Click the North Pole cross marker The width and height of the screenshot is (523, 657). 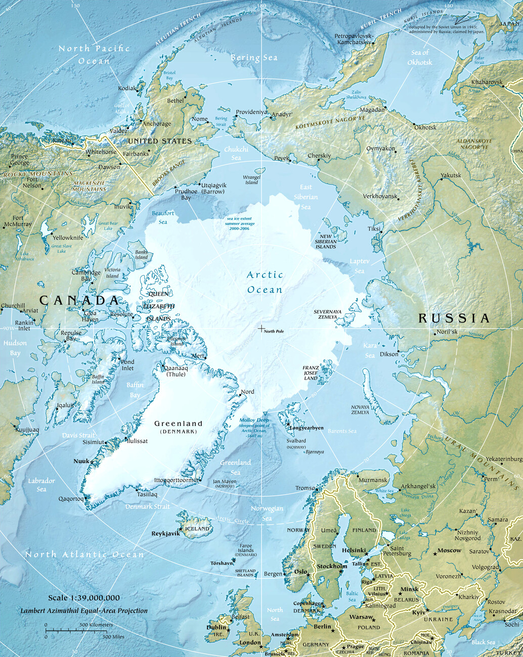pyautogui.click(x=261, y=329)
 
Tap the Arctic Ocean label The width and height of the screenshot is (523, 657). pyautogui.click(x=265, y=282)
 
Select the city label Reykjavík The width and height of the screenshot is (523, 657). pyautogui.click(x=165, y=534)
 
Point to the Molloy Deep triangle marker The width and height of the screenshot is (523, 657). pyautogui.click(x=265, y=413)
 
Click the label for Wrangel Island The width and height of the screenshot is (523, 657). pyautogui.click(x=251, y=180)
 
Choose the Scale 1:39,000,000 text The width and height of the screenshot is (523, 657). pyautogui.click(x=84, y=598)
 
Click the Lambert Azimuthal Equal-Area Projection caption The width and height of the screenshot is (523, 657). pyautogui.click(x=84, y=611)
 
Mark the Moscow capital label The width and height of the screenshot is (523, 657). pyautogui.click(x=449, y=550)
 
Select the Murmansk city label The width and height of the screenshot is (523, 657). pyautogui.click(x=373, y=480)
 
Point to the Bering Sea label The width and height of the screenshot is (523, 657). pyautogui.click(x=254, y=58)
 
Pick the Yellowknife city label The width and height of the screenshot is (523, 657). pyautogui.click(x=68, y=238)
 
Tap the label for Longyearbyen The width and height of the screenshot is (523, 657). pyautogui.click(x=307, y=428)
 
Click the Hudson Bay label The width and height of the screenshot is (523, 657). pyautogui.click(x=15, y=348)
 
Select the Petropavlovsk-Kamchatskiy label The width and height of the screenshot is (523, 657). pyautogui.click(x=354, y=39)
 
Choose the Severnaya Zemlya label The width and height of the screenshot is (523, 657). pyautogui.click(x=327, y=314)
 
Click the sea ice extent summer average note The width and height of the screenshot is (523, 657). pyautogui.click(x=240, y=223)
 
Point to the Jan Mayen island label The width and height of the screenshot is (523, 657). pyautogui.click(x=224, y=484)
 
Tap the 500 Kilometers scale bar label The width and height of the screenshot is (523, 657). pyautogui.click(x=95, y=625)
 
